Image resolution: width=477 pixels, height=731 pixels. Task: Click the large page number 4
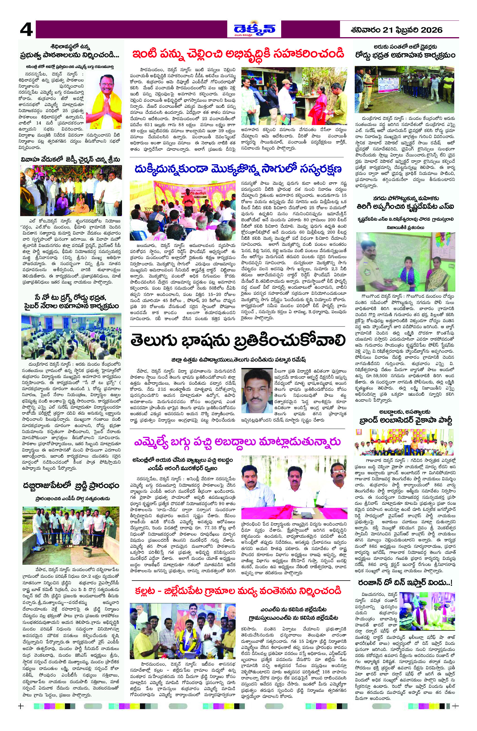click(26, 30)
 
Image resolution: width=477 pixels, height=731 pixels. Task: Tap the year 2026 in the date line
click(431, 30)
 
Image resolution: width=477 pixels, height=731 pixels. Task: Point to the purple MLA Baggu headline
click(238, 442)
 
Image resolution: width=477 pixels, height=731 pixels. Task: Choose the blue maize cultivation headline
click(238, 169)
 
